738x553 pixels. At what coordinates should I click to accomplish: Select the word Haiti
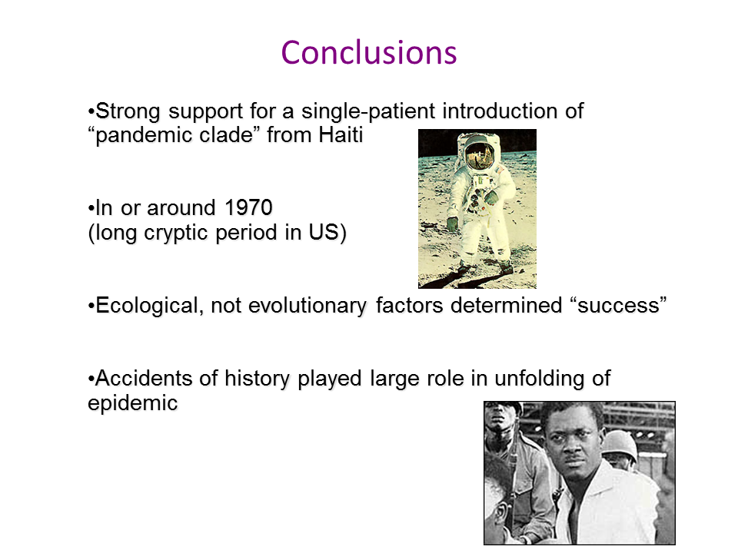341,135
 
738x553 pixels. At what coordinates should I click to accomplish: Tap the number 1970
248,207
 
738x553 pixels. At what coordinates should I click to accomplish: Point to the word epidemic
133,403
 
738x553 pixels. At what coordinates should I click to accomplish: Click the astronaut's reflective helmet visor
480,156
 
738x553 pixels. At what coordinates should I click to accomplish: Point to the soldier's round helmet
620,445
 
